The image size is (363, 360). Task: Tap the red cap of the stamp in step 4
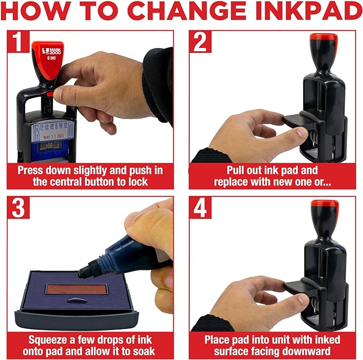pos(324,206)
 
